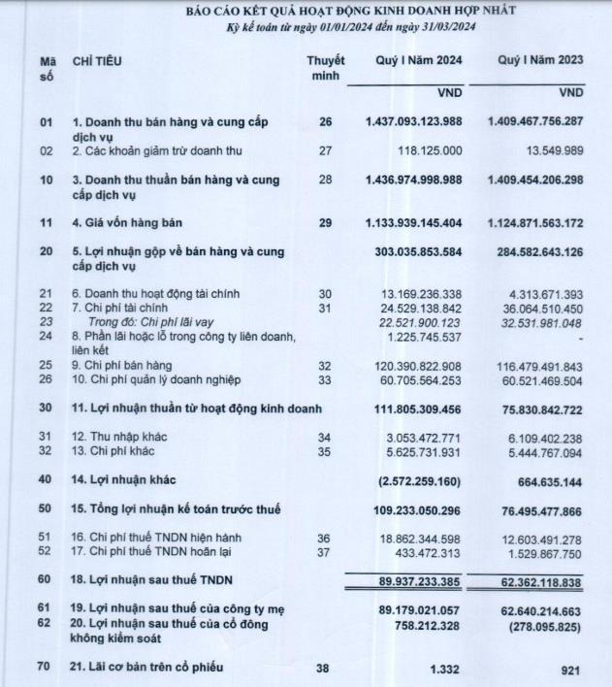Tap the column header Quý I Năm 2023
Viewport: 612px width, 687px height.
pos(542,61)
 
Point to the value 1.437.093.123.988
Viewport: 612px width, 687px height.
pos(414,123)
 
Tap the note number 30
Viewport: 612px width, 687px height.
pos(326,293)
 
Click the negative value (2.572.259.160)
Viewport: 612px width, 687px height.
pos(418,479)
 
